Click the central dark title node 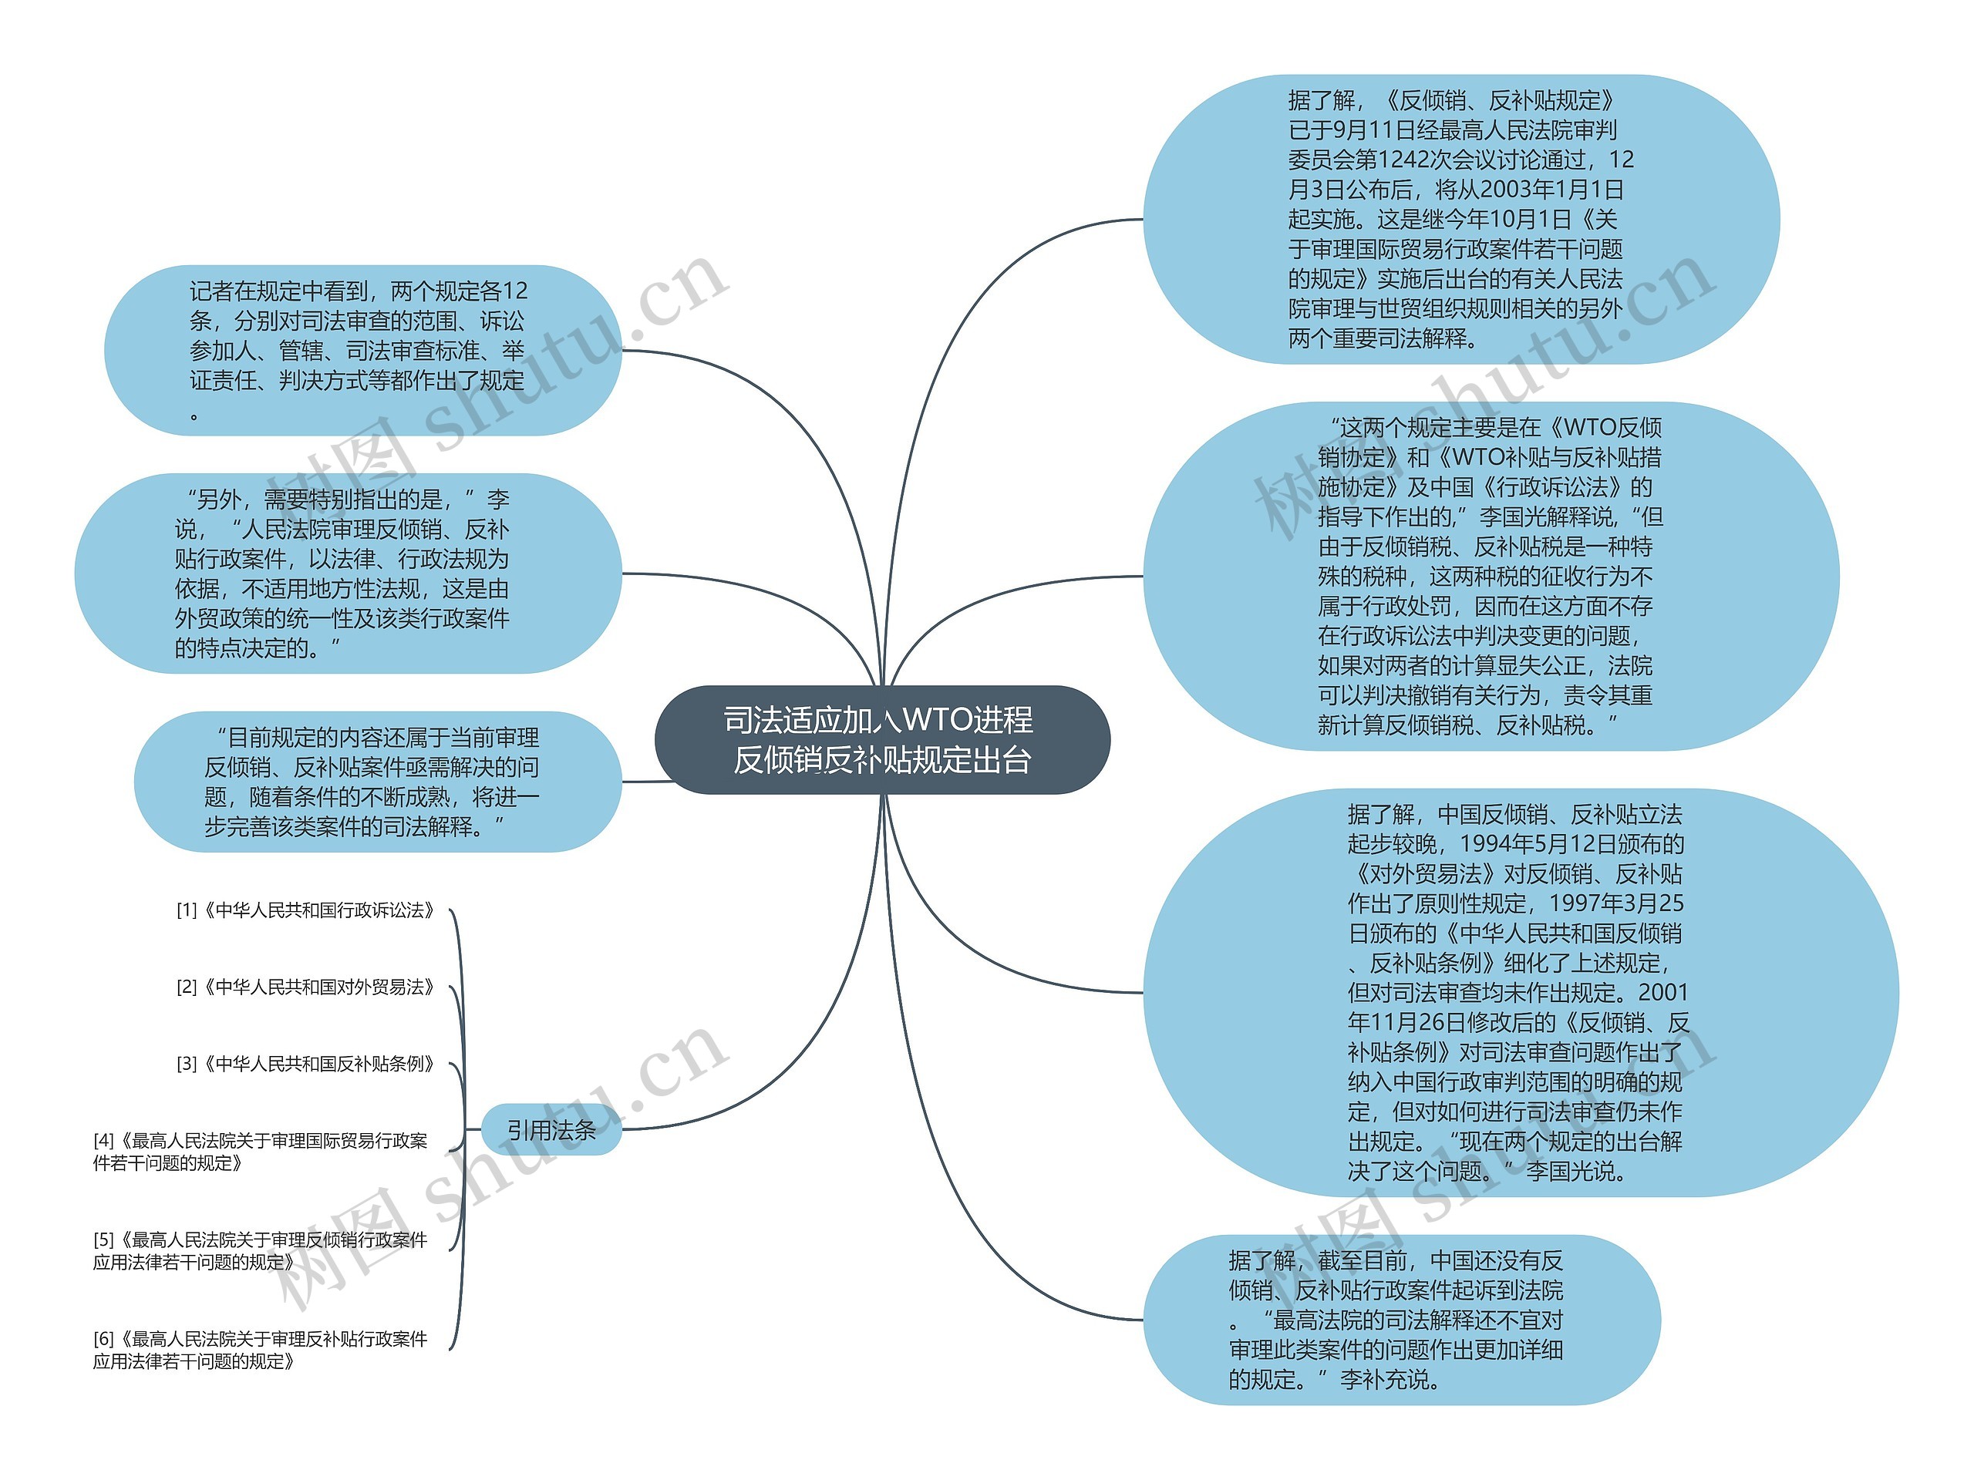[881, 739]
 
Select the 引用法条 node [551, 1130]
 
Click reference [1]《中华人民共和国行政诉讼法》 [305, 910]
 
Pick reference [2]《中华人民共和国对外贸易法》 [305, 987]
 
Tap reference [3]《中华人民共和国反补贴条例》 [305, 1064]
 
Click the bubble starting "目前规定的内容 [375, 782]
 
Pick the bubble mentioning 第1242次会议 [1460, 220]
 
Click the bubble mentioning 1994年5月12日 [1517, 992]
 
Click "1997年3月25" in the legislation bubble [1615, 903]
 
